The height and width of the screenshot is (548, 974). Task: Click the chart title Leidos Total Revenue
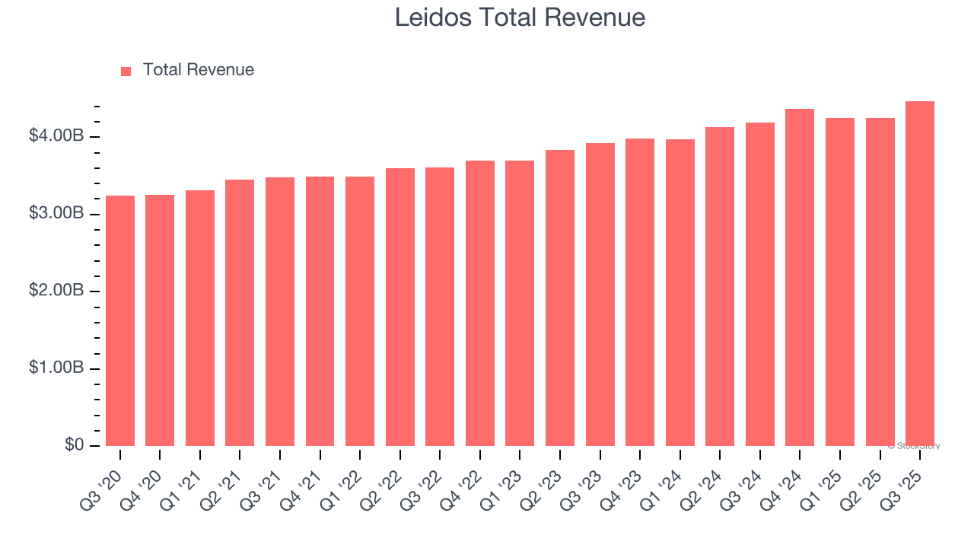point(520,18)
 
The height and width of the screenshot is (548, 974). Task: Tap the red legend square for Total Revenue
point(126,71)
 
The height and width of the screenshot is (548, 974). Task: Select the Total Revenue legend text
point(198,70)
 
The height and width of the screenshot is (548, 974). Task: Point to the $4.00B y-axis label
point(56,136)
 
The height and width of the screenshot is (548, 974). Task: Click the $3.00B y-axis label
point(56,214)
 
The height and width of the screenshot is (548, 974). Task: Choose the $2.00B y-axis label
point(56,291)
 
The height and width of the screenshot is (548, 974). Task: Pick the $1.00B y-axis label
point(56,368)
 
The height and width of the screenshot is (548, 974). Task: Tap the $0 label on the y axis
point(73,445)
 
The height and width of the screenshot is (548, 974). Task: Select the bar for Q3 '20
point(120,320)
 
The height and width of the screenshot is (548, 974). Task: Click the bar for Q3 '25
point(920,274)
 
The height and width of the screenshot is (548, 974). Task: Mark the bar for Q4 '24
point(800,278)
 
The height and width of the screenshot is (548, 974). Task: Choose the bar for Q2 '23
point(560,298)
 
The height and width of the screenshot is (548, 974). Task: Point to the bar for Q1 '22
point(360,311)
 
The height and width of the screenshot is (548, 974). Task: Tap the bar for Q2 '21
point(240,313)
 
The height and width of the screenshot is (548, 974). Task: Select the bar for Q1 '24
point(680,292)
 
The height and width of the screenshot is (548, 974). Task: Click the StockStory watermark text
point(914,446)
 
